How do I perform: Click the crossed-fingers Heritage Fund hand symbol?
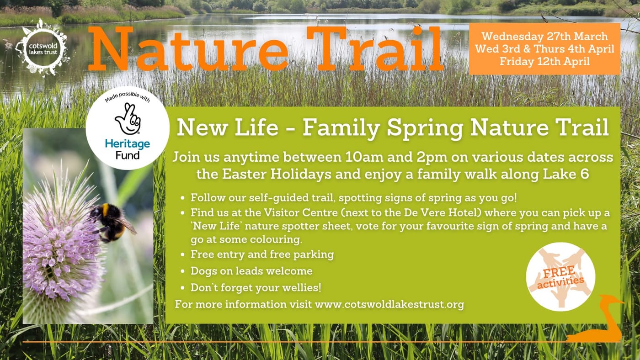[x=128, y=119]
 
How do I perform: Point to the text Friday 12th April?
[x=544, y=61]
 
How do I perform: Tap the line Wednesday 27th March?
[x=544, y=37]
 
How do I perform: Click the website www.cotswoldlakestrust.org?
[x=389, y=304]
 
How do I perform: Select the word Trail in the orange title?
[x=375, y=48]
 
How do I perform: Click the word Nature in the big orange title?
[x=188, y=49]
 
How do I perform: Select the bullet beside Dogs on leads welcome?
[x=183, y=271]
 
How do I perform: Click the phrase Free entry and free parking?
[x=262, y=254]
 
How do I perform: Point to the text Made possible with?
[x=128, y=96]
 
